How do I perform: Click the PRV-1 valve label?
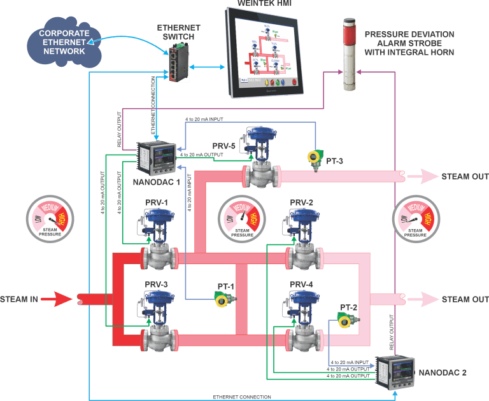(155, 203)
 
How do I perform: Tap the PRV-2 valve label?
(301, 203)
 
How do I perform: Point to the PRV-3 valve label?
(155, 284)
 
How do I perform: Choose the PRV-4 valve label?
(301, 284)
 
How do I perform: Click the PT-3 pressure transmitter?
(313, 158)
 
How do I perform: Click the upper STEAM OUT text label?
(465, 176)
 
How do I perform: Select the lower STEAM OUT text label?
(465, 299)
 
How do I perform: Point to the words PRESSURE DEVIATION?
(409, 34)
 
